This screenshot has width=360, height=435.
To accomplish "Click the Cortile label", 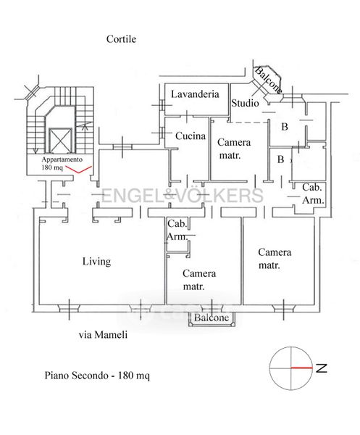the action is (121, 39).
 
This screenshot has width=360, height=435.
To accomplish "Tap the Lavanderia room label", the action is (195, 94).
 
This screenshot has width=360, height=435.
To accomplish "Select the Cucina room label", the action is (191, 136).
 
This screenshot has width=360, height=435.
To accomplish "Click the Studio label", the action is (245, 103).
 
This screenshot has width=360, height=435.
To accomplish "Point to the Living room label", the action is (96, 261).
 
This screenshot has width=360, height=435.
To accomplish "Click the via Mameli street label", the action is (103, 334).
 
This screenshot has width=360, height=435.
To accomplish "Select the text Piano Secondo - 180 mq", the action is (97, 376).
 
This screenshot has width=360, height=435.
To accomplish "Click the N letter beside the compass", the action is (322, 368).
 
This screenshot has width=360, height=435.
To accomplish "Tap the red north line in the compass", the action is (301, 368).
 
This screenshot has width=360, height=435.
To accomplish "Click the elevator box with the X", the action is (60, 141).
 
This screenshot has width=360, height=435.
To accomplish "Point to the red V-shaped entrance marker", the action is (79, 170).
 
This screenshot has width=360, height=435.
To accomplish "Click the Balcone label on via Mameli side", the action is (212, 318).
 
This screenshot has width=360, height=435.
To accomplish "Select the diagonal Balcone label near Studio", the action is (268, 80).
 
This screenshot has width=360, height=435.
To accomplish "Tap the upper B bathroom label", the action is (285, 127).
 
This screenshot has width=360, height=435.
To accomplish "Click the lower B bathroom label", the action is (281, 159).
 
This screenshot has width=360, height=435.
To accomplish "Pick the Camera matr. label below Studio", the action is (234, 149).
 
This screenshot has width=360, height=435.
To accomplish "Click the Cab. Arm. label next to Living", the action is (177, 230).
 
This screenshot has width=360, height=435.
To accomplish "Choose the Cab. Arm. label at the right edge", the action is (313, 194).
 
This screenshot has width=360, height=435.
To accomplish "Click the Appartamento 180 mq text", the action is (62, 163).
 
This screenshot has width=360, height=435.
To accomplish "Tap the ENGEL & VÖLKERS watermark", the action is (182, 195).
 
